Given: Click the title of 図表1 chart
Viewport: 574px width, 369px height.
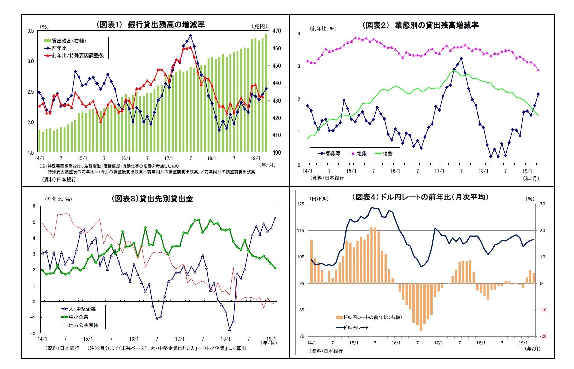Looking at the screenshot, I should (x=150, y=24).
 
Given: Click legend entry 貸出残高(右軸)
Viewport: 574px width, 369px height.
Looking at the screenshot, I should (x=69, y=41).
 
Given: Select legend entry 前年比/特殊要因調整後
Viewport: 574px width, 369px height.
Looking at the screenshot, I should (x=77, y=55).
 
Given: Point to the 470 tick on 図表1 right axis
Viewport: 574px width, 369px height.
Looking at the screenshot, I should (x=277, y=31).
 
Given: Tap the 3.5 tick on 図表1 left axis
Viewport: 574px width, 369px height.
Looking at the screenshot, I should (x=30, y=31).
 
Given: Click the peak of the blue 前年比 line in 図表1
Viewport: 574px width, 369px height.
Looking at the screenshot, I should (x=190, y=36).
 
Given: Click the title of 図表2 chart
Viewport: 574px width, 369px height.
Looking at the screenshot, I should (x=420, y=25).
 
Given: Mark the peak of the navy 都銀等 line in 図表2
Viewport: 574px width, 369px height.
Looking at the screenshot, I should (x=461, y=58).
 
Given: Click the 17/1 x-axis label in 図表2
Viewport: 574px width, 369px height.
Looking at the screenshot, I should (x=439, y=171).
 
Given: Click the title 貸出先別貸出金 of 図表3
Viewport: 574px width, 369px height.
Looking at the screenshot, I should (x=152, y=199).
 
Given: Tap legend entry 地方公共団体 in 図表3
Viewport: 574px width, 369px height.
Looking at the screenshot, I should (x=83, y=325).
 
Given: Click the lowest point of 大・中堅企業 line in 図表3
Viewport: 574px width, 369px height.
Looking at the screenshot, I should (x=230, y=329).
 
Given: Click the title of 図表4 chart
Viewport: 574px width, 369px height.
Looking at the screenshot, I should (x=420, y=197).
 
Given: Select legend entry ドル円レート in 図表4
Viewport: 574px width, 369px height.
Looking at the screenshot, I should (x=356, y=327).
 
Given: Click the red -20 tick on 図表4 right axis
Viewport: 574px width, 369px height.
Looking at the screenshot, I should (x=543, y=336).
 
